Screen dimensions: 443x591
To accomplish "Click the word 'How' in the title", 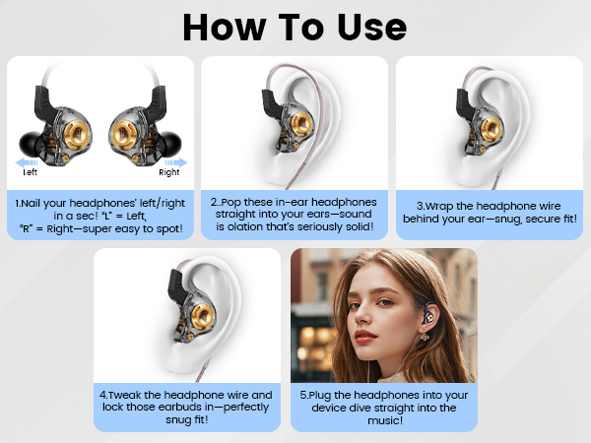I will click(x=227, y=28).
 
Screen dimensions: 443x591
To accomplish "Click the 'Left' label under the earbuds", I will click(x=32, y=171).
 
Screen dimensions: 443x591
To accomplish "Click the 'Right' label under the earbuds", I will click(x=169, y=171).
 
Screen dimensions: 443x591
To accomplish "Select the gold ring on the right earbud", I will click(x=126, y=128).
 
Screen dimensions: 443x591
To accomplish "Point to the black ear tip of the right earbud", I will click(x=175, y=144).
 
